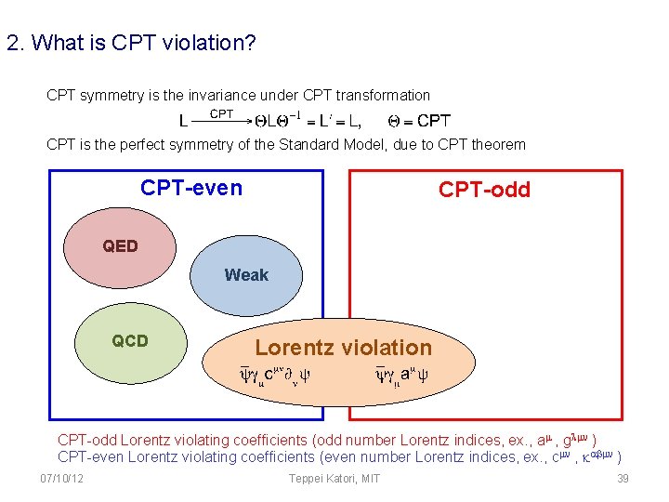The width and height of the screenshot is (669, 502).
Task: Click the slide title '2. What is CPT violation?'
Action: [x=131, y=44]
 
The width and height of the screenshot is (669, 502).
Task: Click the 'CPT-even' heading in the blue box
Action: [x=191, y=188]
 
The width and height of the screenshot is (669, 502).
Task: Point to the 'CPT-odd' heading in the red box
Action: [x=484, y=190]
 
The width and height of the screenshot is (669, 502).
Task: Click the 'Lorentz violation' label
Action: [x=343, y=348]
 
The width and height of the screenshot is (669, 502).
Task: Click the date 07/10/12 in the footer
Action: [x=62, y=479]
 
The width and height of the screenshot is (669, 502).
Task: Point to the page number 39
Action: [x=623, y=479]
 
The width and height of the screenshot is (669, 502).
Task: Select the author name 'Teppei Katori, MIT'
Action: [x=334, y=479]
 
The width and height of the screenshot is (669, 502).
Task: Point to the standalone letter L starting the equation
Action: [x=183, y=121]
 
